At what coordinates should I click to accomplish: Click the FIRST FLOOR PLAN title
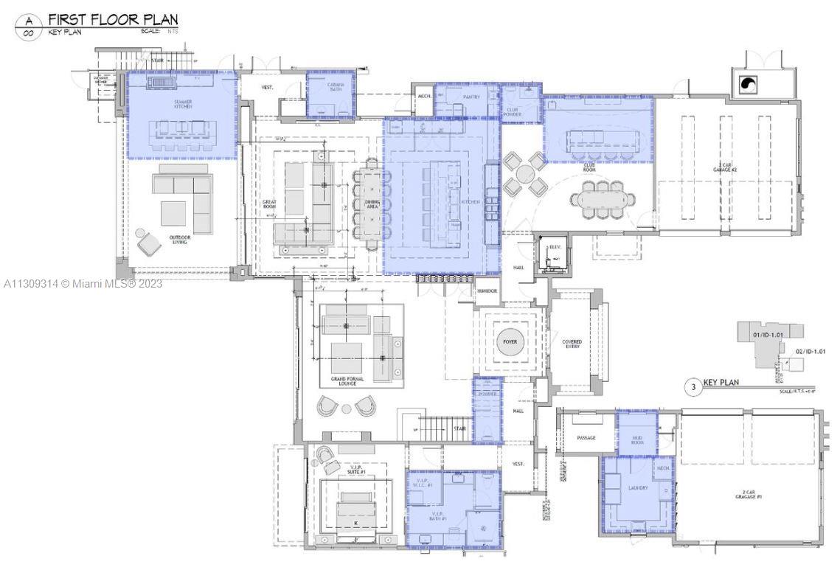point(113,19)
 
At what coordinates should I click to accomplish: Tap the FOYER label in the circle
point(510,342)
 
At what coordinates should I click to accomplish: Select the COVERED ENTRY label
point(572,344)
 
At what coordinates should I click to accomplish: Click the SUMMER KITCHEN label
point(183,105)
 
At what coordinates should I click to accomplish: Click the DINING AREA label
point(372,204)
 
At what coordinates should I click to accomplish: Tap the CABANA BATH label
point(330,88)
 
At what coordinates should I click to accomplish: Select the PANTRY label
point(472,97)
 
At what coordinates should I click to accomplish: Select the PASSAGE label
point(586,438)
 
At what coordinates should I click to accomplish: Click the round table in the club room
point(525,175)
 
